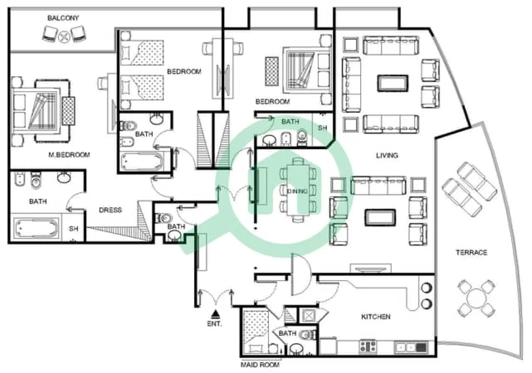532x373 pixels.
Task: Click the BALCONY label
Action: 63,18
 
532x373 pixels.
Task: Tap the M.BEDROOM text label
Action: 69,155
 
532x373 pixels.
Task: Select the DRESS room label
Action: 110,210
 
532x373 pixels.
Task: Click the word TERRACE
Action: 471,253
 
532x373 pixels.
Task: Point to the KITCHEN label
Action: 375,317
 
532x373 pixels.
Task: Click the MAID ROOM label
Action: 260,365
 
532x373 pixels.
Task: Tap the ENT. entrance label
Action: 214,324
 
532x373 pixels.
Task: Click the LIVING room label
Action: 387,156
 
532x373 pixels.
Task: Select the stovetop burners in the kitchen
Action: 368,347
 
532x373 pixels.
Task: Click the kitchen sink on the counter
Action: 406,347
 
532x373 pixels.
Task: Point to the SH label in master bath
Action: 74,229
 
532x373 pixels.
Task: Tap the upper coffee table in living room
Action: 392,83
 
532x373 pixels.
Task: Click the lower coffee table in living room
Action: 380,217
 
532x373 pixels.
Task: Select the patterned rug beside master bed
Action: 68,111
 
